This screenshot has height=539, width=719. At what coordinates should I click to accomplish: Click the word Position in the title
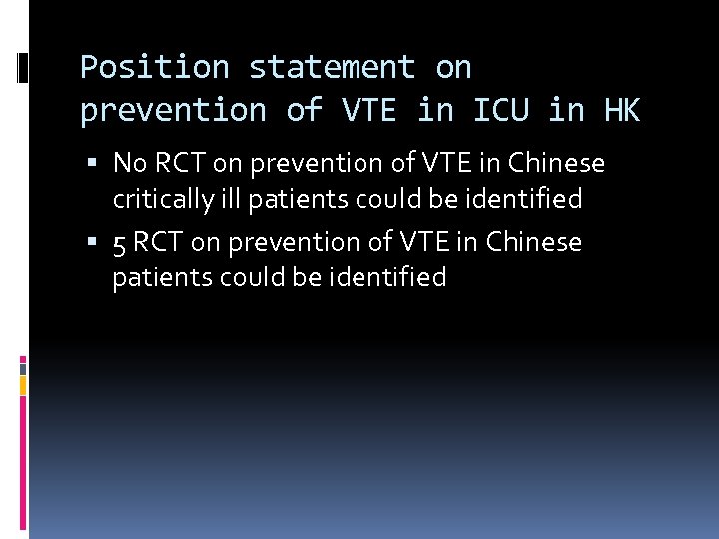(154, 68)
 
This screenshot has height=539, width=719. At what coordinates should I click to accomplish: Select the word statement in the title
(332, 68)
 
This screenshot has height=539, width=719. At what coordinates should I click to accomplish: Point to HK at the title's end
(621, 111)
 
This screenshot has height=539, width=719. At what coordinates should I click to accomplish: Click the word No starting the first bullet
(131, 163)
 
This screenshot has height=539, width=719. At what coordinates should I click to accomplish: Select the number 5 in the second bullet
(119, 243)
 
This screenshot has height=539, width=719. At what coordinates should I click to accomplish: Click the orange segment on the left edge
(24, 384)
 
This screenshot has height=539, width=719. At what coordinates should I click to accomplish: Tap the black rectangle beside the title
(24, 68)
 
